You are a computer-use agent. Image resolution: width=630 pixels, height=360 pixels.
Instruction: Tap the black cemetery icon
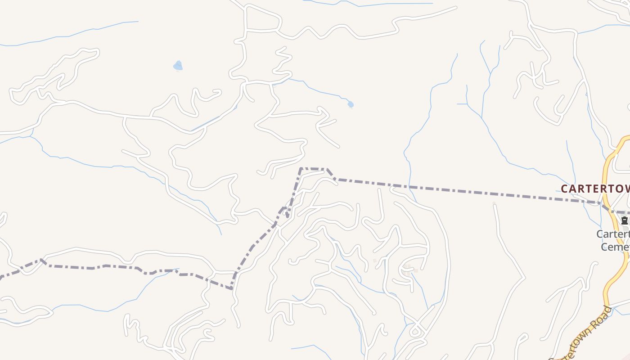625,220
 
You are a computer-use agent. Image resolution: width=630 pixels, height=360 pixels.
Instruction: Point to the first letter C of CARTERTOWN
564,189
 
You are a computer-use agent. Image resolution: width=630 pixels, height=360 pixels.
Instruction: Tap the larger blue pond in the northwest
178,66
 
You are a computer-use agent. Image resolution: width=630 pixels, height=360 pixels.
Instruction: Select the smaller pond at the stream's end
351,104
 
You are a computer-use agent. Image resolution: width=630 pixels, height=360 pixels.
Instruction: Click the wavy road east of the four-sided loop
333,31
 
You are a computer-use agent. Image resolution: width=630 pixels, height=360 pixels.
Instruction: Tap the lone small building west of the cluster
374,261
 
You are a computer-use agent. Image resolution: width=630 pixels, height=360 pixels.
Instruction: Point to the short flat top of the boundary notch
313,169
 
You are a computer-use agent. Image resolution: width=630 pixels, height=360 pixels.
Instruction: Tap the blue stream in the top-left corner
67,36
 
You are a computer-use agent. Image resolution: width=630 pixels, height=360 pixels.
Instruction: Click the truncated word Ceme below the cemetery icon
615,247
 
